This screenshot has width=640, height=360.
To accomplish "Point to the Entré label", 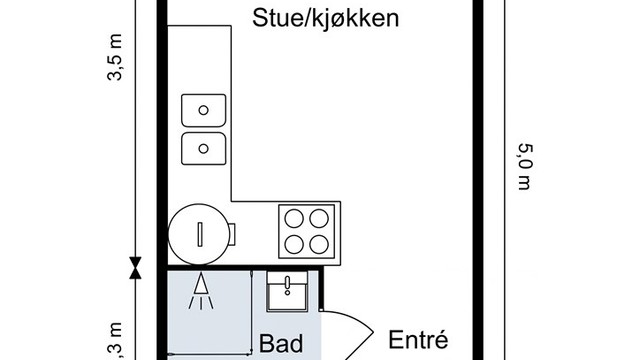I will coord(415,339).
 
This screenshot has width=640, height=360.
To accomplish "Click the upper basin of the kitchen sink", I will coord(205,108).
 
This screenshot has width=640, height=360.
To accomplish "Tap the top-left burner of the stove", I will coord(295,217).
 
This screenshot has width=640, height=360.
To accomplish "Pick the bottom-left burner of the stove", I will coord(295,242).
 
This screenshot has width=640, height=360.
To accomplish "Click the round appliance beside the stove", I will coord(199,232).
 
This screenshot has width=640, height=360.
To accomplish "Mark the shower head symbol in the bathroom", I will coord(202,289).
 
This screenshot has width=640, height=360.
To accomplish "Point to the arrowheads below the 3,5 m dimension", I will coord(135,265).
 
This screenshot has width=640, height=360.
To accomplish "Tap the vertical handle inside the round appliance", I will coord(199,233).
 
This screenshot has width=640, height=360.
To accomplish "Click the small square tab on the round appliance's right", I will coord(232,233).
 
